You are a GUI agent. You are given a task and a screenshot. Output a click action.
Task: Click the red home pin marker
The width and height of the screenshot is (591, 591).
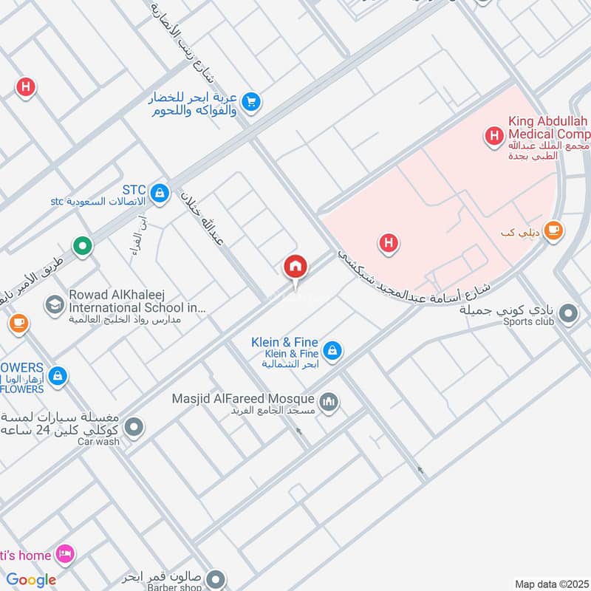295,267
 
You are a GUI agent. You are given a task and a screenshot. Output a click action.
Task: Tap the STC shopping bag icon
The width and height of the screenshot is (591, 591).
159,194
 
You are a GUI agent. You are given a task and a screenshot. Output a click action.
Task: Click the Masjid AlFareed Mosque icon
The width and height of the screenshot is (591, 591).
329,402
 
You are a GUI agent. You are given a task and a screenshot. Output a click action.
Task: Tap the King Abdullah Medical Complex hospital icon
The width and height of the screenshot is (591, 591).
493,135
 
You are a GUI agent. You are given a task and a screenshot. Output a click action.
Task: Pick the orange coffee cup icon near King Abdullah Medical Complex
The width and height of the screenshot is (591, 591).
553,230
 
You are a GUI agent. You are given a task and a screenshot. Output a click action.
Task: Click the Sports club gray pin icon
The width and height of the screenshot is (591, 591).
568,314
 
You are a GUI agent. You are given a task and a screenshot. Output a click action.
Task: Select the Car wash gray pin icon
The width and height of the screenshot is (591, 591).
134,427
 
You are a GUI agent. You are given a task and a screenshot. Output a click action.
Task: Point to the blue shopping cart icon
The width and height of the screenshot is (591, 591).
251,102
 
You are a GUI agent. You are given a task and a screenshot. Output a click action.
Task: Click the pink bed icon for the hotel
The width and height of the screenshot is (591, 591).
66,555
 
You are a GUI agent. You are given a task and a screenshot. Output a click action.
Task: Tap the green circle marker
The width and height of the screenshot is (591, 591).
83,245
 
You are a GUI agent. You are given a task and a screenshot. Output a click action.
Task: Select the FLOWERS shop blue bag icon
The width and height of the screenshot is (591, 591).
58,377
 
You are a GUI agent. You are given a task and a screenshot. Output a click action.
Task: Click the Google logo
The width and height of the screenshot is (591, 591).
31,580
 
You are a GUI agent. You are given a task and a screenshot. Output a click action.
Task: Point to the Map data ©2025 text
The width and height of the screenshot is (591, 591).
550,584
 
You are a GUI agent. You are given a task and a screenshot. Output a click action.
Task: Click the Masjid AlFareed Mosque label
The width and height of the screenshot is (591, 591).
243,399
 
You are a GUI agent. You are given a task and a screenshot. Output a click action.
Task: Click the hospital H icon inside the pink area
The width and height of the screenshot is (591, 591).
389,242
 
